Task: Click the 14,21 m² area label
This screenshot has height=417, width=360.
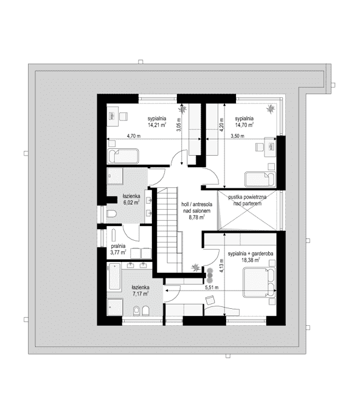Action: pos(157,125)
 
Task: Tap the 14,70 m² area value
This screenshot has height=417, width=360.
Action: pos(244,125)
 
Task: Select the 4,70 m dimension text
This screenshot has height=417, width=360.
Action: pos(134,136)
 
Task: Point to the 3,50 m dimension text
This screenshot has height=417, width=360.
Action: pos(237,136)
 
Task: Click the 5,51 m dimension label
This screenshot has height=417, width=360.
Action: pos(212,288)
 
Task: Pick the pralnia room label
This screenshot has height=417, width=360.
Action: pos(118,246)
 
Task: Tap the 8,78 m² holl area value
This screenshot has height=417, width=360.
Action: pos(196,217)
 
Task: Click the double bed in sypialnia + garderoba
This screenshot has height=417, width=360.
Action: pos(259,283)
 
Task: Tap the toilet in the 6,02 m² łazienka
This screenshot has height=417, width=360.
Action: pos(111,213)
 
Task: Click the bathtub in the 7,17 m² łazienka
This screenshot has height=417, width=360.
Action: pos(115,277)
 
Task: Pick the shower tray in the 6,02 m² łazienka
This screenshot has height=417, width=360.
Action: pos(115,176)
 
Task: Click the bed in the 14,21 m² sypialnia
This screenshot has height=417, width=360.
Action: pos(123,156)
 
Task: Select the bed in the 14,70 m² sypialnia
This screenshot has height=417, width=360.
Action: pos(260,179)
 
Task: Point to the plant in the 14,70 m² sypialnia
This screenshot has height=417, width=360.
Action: pos(271,108)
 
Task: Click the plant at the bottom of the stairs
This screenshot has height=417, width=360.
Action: pos(196,267)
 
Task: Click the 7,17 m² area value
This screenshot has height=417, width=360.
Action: pos(140,294)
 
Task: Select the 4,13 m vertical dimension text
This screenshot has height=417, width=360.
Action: pos(222,266)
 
